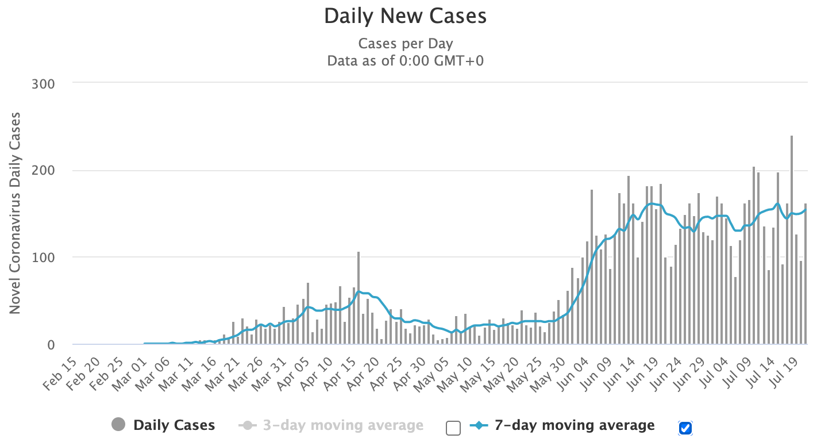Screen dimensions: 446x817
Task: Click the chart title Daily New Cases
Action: pos(405,16)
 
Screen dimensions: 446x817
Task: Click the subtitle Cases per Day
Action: pos(405,44)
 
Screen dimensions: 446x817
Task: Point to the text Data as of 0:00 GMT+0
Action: pos(405,60)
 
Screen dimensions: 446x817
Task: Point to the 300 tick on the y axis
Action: pos(43,84)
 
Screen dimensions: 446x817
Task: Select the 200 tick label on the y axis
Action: pos(43,171)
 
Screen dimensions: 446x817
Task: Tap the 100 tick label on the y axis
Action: pos(43,257)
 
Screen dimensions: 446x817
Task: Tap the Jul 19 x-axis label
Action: pos(785,368)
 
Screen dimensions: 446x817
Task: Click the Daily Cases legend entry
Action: pos(174,425)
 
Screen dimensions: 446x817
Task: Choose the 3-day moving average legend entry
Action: pos(342,425)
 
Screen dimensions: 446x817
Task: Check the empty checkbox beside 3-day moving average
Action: pos(453,428)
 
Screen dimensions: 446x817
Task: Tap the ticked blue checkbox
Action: pos(685,428)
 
